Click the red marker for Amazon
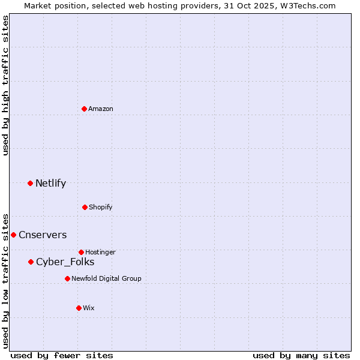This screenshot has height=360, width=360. click(x=85, y=109)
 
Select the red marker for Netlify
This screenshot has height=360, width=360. click(x=31, y=183)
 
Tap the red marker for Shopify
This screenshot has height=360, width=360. click(x=85, y=207)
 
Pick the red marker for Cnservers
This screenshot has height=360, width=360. click(x=13, y=235)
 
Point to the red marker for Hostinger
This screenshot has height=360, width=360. click(x=82, y=252)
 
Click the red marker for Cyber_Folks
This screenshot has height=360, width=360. click(x=31, y=262)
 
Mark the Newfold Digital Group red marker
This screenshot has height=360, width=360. click(x=67, y=278)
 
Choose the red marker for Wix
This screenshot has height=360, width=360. click(x=79, y=308)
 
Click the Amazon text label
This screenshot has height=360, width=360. click(x=101, y=109)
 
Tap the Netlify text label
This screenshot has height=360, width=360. click(x=50, y=183)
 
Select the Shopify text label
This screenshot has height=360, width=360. click(x=101, y=207)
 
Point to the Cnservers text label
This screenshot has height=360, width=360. click(x=43, y=235)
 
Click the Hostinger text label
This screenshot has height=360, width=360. click(x=100, y=252)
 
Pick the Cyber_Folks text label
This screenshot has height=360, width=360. click(x=65, y=262)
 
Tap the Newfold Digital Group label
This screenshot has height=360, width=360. click(x=106, y=278)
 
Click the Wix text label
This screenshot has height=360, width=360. click(x=89, y=308)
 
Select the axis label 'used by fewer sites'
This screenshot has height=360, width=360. click(x=62, y=355)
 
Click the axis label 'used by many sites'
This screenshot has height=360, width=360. click(x=301, y=355)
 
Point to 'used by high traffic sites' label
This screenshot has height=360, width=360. click(x=5, y=85)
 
